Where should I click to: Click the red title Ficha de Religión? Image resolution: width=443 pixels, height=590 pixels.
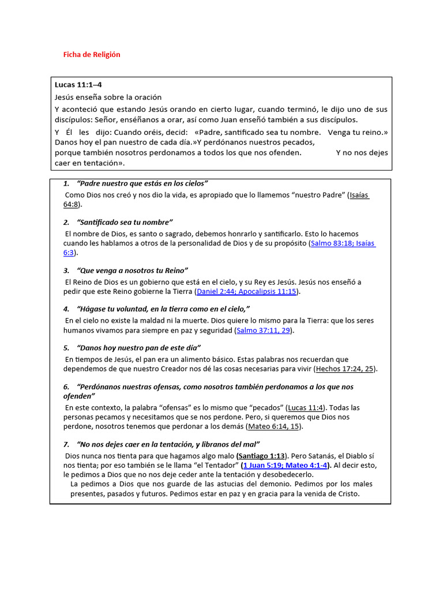pos(91,55)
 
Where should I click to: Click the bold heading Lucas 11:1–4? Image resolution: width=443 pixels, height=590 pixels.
pos(78,85)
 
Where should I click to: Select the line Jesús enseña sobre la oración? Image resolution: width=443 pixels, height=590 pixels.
pos(108,97)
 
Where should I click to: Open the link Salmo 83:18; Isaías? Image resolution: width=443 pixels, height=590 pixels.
pos(343,244)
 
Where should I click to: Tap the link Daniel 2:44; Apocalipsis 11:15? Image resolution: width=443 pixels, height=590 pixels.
pos(246,292)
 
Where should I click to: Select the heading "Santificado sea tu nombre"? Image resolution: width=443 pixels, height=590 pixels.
pos(125,222)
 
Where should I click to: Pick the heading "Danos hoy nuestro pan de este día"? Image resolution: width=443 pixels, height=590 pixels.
pos(138,347)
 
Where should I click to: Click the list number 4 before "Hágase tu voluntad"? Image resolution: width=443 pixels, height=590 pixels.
pos(66,309)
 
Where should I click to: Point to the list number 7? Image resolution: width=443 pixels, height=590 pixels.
pos(66,444)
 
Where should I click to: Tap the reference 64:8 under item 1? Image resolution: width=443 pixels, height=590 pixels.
pos(72,205)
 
